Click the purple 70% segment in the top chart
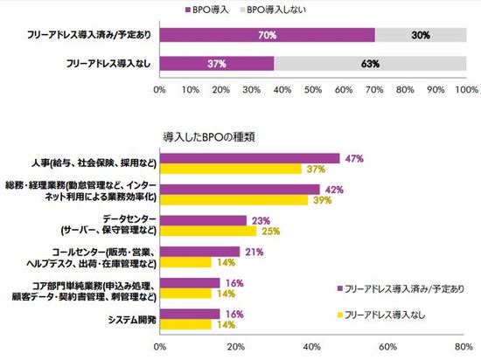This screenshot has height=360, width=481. pos(267,36)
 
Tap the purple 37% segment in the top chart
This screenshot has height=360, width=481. pos(216,64)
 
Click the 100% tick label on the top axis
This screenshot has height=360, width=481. pos(465,88)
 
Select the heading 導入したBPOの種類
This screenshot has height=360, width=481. pos(209,136)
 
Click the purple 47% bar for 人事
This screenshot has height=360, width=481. pos(248,159)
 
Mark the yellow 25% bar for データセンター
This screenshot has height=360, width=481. pos(206,231)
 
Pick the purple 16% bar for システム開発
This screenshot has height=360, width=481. pos(189,314)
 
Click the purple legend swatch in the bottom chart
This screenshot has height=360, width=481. pos(338,287)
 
